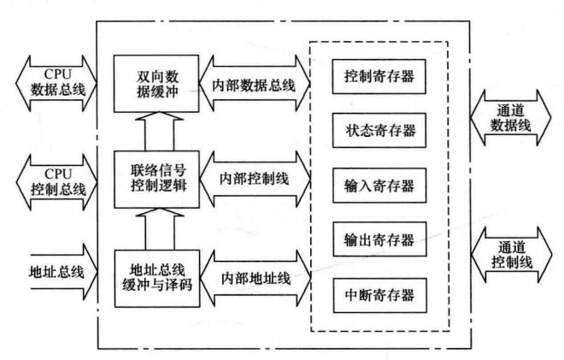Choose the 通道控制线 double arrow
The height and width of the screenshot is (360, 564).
click(511, 253)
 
